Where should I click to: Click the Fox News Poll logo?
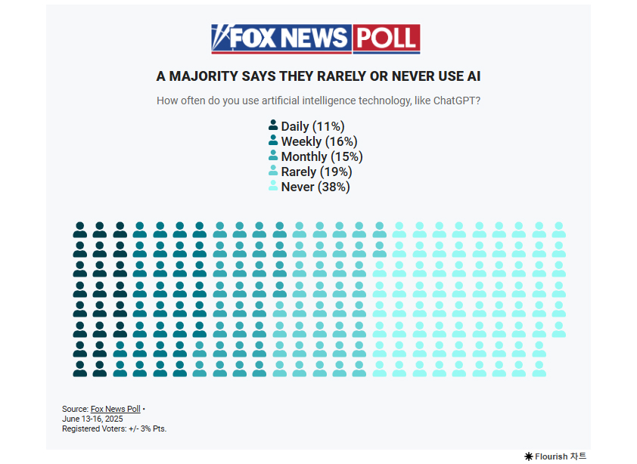[315, 39]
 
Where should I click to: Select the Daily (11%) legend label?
[312, 127]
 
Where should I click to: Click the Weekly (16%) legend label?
[318, 141]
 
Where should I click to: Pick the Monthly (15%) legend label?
[322, 156]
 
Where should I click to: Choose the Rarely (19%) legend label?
[316, 172]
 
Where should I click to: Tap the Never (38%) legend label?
[315, 187]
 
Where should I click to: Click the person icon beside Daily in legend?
[273, 126]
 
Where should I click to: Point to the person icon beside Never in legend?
[273, 186]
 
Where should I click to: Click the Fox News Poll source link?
[115, 409]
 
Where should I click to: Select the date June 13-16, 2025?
[92, 419]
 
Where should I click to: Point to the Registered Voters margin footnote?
[114, 428]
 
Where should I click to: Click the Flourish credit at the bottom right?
[555, 456]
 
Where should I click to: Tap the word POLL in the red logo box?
[386, 39]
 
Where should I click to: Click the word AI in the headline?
[474, 76]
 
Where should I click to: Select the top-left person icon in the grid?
[79, 230]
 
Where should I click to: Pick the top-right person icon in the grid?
[558, 230]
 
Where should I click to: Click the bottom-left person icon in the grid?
[79, 369]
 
